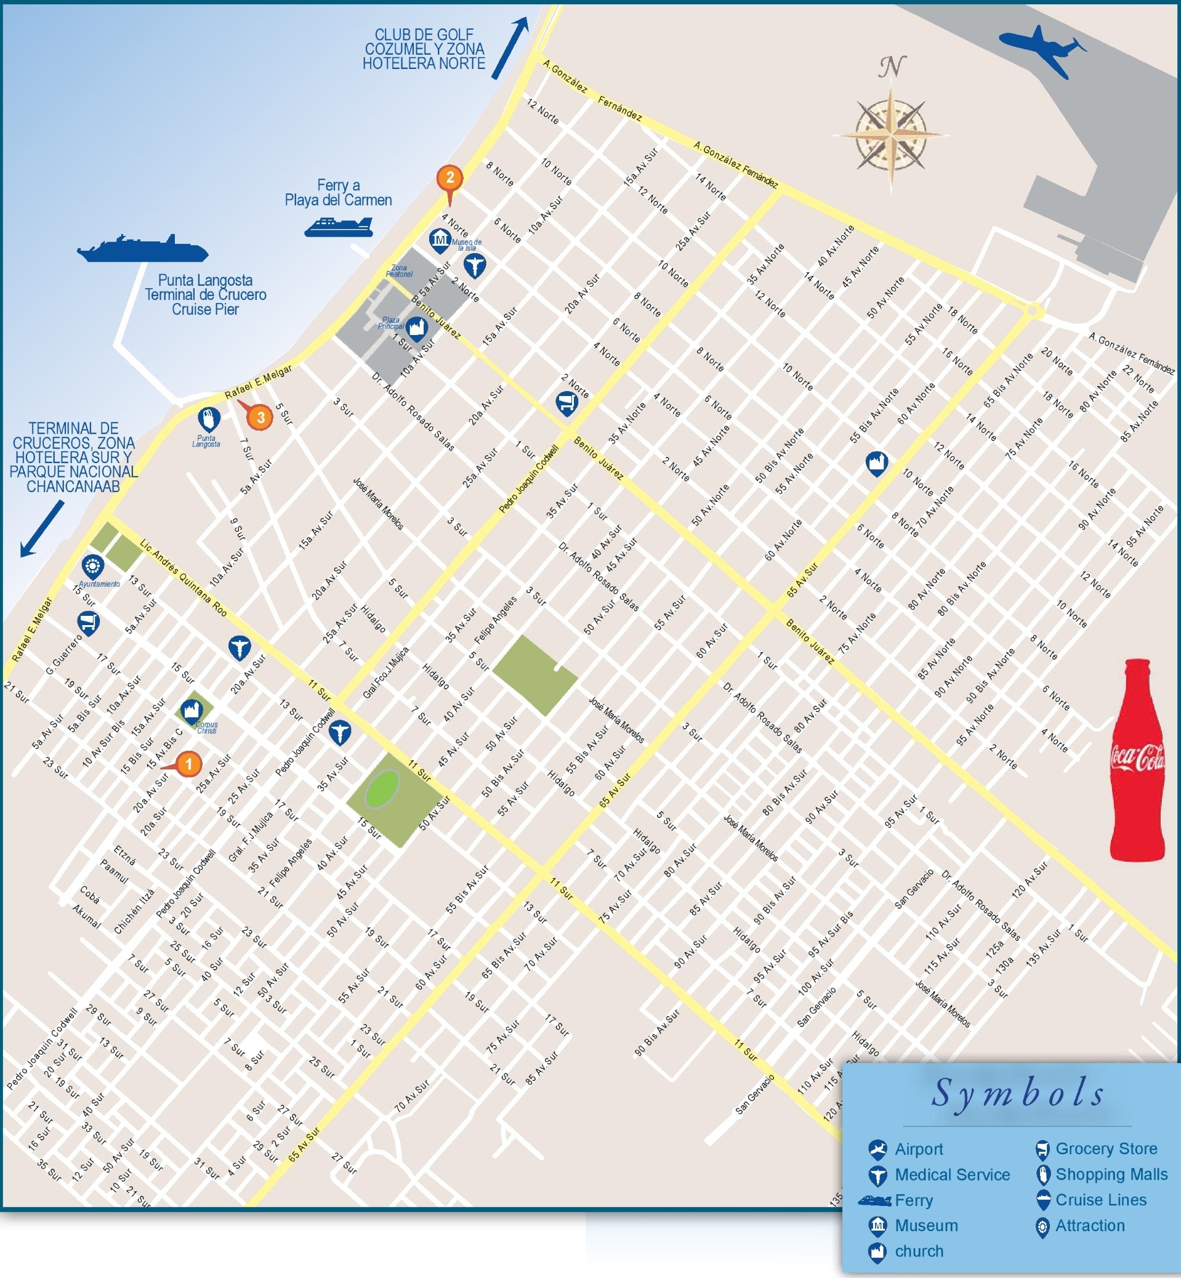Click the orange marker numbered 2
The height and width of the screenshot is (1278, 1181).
(x=450, y=178)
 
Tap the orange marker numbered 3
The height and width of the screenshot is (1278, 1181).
(x=260, y=418)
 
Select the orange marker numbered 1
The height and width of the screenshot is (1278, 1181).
(x=188, y=763)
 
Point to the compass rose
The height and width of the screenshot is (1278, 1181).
(x=891, y=135)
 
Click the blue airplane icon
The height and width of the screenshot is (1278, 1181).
(x=1042, y=50)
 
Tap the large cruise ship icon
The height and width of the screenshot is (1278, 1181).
(x=142, y=249)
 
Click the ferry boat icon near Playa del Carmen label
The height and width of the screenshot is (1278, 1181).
(x=339, y=226)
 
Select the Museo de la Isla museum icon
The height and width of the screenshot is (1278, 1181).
(x=440, y=240)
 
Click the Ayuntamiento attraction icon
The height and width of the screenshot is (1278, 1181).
(x=92, y=566)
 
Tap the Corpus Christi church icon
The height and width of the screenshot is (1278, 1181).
(x=190, y=710)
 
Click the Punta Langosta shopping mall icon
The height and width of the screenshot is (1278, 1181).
(x=208, y=419)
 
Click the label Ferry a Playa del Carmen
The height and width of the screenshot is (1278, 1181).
(x=338, y=192)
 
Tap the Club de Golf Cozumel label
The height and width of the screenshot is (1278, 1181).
(x=424, y=49)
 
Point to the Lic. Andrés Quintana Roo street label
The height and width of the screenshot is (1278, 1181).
(x=183, y=578)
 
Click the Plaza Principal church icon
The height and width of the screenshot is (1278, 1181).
(x=417, y=327)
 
